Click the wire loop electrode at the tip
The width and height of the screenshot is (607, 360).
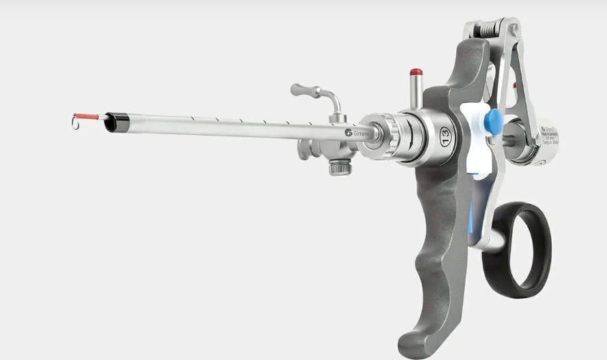(x=75, y=123)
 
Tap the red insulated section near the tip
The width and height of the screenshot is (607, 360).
(x=87, y=117)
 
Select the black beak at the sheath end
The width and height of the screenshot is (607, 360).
(x=117, y=123)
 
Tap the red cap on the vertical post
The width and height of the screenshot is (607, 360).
(x=416, y=72)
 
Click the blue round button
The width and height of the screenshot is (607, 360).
(x=493, y=121)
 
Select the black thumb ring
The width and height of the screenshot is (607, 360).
(x=517, y=250)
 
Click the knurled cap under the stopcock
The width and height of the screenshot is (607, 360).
(x=340, y=166)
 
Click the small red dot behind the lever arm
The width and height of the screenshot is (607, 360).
(x=514, y=86)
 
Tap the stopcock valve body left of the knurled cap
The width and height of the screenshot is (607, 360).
(x=308, y=148)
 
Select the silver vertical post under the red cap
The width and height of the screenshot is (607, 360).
(x=415, y=91)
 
